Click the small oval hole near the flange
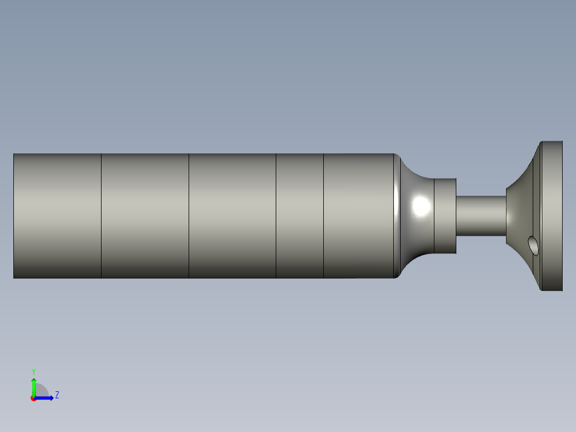tap(533, 245)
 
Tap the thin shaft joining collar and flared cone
tap(480, 216)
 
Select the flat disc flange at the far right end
tap(552, 216)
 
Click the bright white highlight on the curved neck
tap(422, 206)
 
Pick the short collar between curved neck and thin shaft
tap(445, 216)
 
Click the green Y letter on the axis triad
tap(33, 371)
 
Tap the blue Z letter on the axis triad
tap(57, 395)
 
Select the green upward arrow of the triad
tap(34, 385)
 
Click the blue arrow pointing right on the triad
tap(46, 398)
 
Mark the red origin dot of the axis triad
tap(33, 398)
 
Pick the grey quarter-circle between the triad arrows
tap(42, 391)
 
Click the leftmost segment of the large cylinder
tap(57, 216)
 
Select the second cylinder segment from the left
tap(145, 216)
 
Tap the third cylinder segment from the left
tap(232, 216)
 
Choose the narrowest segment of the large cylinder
tap(300, 216)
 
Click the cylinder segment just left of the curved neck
tap(359, 216)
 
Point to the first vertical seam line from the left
tap(102, 216)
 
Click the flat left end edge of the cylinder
tap(14, 216)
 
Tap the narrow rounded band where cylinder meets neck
tap(396, 216)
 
